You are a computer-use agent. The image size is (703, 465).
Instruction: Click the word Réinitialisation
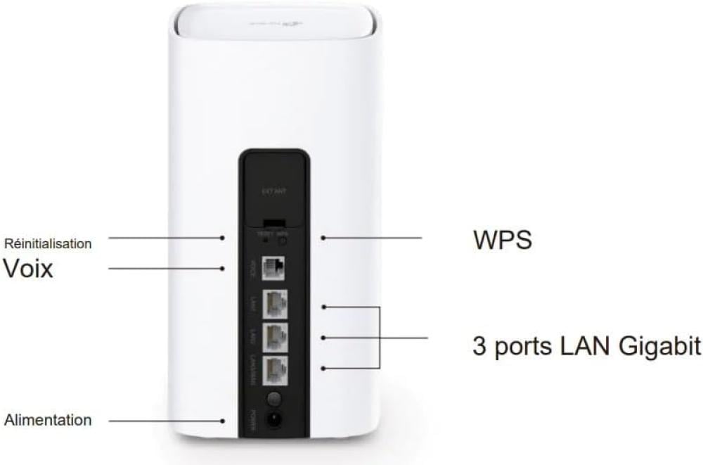click(x=48, y=244)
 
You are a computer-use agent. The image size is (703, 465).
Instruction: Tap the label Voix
click(x=28, y=268)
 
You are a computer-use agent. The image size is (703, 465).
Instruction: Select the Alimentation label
click(x=48, y=421)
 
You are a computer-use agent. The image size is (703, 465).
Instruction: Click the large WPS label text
click(x=502, y=240)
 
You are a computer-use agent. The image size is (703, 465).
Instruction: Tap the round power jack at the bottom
click(x=274, y=421)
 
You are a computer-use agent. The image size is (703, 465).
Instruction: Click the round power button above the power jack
click(x=274, y=399)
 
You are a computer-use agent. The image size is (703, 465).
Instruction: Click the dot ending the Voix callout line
click(x=224, y=268)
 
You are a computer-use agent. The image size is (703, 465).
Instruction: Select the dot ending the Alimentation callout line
click(x=224, y=421)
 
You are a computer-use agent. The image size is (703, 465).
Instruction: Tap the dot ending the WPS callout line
click(x=323, y=238)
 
